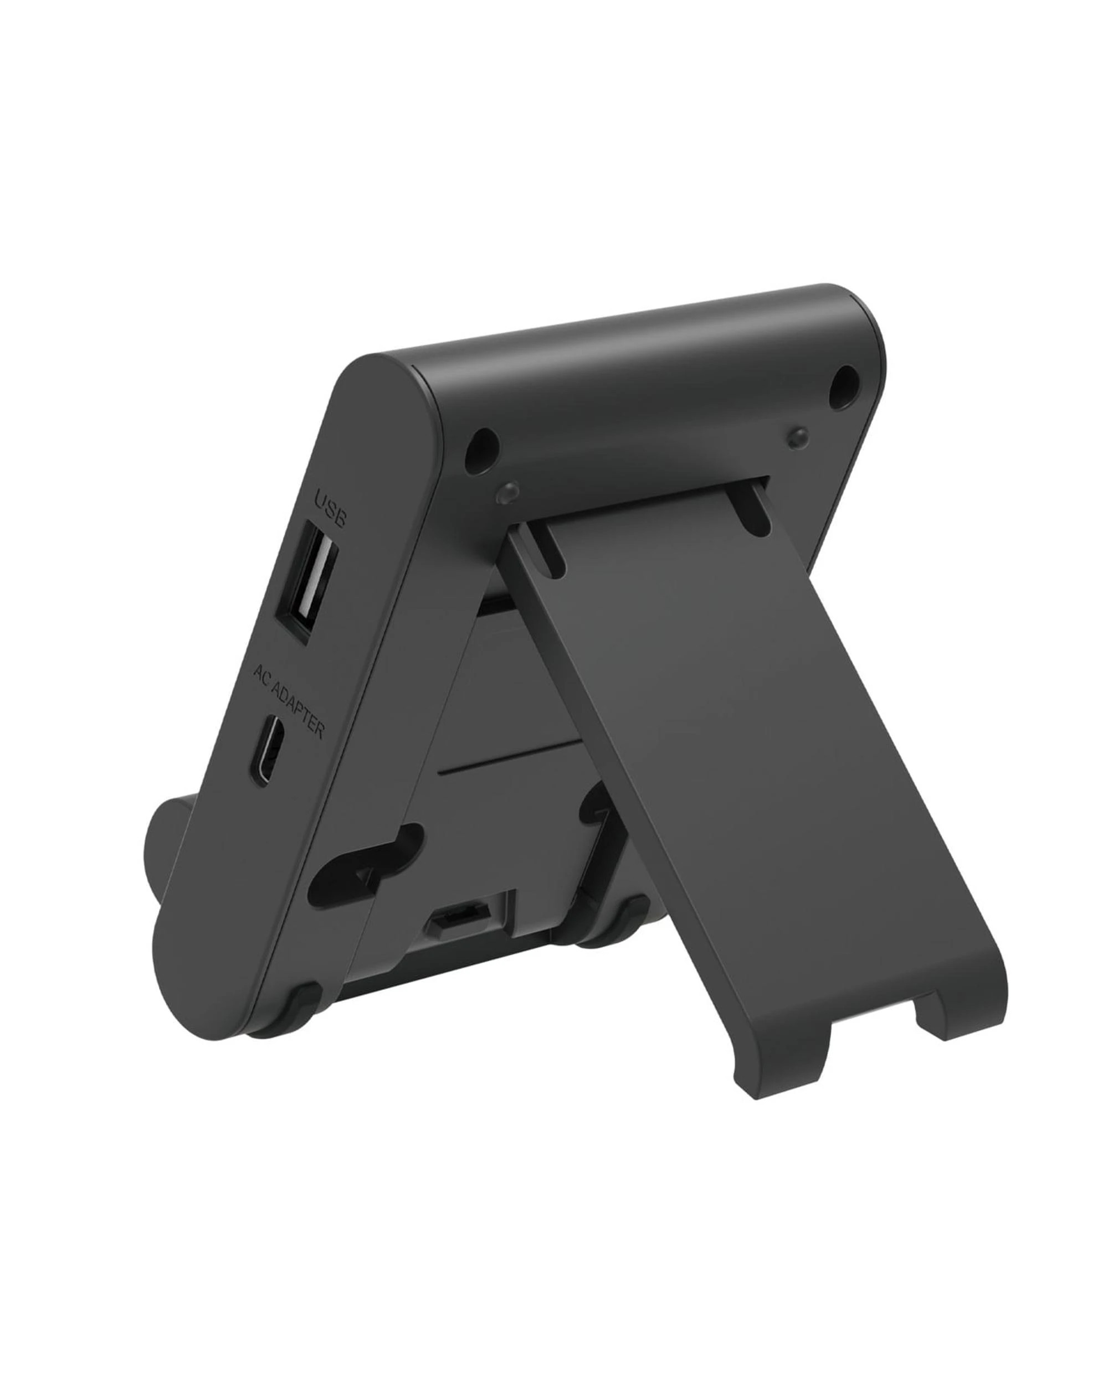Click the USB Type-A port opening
[306, 585]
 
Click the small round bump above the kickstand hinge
[507, 491]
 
